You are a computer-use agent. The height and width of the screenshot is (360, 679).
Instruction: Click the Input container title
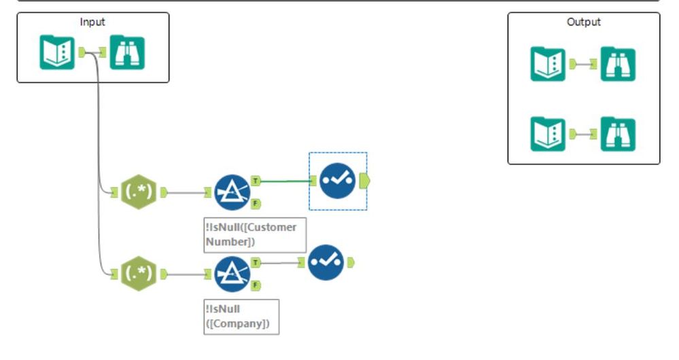92,22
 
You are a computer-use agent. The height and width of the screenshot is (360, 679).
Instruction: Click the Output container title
584,22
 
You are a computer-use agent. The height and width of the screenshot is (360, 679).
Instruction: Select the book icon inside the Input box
57,52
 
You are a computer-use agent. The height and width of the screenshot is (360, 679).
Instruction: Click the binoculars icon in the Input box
127,52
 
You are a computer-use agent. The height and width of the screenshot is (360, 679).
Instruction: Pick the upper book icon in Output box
548,64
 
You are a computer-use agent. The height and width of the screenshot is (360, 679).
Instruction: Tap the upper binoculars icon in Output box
618,64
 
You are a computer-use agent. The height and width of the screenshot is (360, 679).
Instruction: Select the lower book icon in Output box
548,134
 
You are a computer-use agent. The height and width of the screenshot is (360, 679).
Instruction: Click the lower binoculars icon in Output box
618,134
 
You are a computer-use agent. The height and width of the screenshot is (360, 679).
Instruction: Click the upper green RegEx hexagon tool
139,192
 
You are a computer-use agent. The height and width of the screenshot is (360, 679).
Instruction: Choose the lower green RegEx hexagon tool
139,274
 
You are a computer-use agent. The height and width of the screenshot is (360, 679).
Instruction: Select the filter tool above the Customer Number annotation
232,192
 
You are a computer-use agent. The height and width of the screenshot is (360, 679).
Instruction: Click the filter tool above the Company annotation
232,274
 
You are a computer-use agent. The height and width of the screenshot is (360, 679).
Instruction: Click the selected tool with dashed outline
338,181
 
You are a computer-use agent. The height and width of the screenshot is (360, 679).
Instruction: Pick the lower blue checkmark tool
326,262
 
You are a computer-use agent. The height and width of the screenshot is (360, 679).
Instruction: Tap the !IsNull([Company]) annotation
241,317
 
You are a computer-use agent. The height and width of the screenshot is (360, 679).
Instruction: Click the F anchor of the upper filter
256,203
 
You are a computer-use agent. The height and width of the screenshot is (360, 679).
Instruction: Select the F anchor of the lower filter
256,285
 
